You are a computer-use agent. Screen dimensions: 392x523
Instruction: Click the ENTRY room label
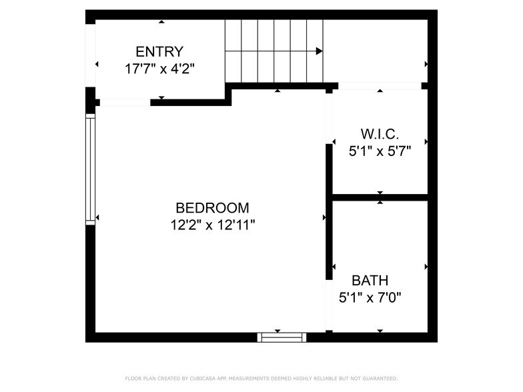point(159,51)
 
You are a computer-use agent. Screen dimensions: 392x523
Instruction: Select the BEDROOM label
point(212,207)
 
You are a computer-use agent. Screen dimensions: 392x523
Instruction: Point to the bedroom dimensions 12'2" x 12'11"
point(212,225)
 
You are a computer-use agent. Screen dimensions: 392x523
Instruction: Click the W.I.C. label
point(380,134)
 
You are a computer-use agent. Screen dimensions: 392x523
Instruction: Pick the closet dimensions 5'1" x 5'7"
point(380,151)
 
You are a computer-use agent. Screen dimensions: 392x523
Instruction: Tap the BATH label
point(370,281)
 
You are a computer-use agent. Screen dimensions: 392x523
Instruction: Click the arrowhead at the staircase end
point(320,51)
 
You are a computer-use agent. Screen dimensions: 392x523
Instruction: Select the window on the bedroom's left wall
point(90,168)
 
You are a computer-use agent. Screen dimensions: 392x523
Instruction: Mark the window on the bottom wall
point(282,337)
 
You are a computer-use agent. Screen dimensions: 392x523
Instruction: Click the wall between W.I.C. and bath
point(380,197)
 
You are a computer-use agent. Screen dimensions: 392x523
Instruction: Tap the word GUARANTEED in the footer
point(376,379)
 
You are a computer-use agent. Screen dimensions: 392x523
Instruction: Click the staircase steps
point(274,51)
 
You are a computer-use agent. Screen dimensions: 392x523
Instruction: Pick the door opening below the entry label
point(124,103)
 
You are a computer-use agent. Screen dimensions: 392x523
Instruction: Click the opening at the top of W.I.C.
point(380,85)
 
